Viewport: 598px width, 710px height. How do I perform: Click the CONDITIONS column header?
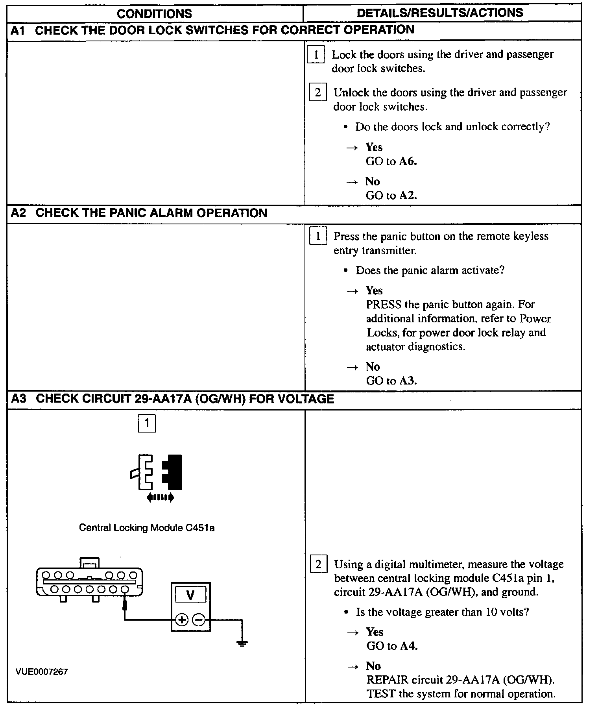tap(154, 14)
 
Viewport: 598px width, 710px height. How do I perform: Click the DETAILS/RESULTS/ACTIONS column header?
tap(439, 13)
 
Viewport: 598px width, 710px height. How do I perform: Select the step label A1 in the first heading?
tap(18, 30)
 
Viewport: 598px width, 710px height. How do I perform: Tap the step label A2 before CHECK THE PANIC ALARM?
tap(18, 213)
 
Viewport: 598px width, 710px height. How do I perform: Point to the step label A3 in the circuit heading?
tap(18, 399)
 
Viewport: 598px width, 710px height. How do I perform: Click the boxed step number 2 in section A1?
tap(317, 92)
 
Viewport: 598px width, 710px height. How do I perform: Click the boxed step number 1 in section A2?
tap(318, 236)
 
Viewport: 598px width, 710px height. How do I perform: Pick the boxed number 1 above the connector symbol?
tap(147, 423)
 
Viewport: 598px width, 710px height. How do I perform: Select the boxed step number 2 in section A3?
tap(318, 564)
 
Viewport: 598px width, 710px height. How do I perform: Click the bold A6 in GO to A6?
tap(408, 161)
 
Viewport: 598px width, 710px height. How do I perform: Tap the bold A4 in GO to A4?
tap(409, 646)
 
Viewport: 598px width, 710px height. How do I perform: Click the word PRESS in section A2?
tap(384, 305)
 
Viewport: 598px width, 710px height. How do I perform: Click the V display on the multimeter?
tap(190, 595)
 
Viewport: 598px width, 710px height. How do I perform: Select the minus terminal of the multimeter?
tap(199, 620)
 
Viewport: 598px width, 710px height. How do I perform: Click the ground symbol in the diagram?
tap(242, 644)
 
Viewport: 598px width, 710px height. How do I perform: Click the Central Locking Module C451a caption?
tap(147, 528)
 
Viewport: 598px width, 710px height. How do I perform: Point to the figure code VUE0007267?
tap(42, 672)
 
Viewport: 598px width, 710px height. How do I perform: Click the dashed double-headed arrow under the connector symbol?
tap(160, 498)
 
